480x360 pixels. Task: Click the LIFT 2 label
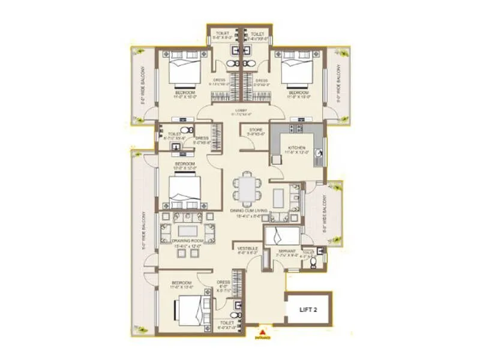308,310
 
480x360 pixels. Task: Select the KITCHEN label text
296,148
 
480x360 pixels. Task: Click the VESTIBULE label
247,248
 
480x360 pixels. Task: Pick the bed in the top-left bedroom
183,71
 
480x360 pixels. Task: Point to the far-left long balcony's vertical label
143,231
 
